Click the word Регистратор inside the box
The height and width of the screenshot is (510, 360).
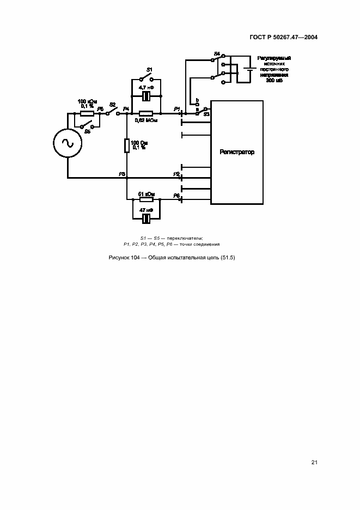[237, 152]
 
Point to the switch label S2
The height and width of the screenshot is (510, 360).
[112, 104]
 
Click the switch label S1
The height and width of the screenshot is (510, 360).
[149, 69]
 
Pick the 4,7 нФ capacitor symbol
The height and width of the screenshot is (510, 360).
[146, 96]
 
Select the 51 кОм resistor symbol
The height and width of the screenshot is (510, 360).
[146, 199]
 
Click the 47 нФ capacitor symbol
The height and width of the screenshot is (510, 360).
[146, 218]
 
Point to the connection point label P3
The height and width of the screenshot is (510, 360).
[122, 174]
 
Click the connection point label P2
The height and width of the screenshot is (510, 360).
[176, 174]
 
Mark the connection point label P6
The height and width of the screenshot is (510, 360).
[176, 195]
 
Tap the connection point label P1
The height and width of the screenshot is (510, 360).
[176, 109]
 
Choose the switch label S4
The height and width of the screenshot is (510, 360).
[217, 53]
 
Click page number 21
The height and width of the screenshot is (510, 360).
[314, 463]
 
